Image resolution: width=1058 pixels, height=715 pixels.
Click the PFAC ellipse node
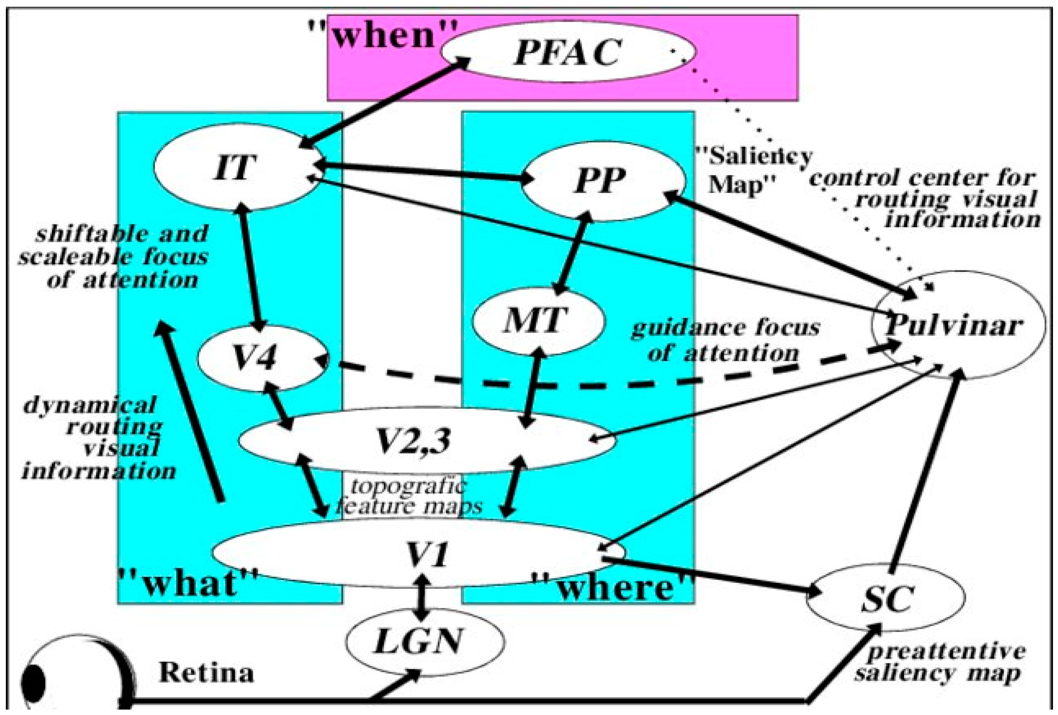tap(568, 52)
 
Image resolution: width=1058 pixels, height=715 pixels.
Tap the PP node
tap(600, 181)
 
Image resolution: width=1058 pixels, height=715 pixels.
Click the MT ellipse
tap(536, 320)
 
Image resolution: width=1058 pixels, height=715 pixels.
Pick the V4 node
tap(255, 359)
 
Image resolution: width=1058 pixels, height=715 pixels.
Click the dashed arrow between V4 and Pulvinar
tap(592, 385)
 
